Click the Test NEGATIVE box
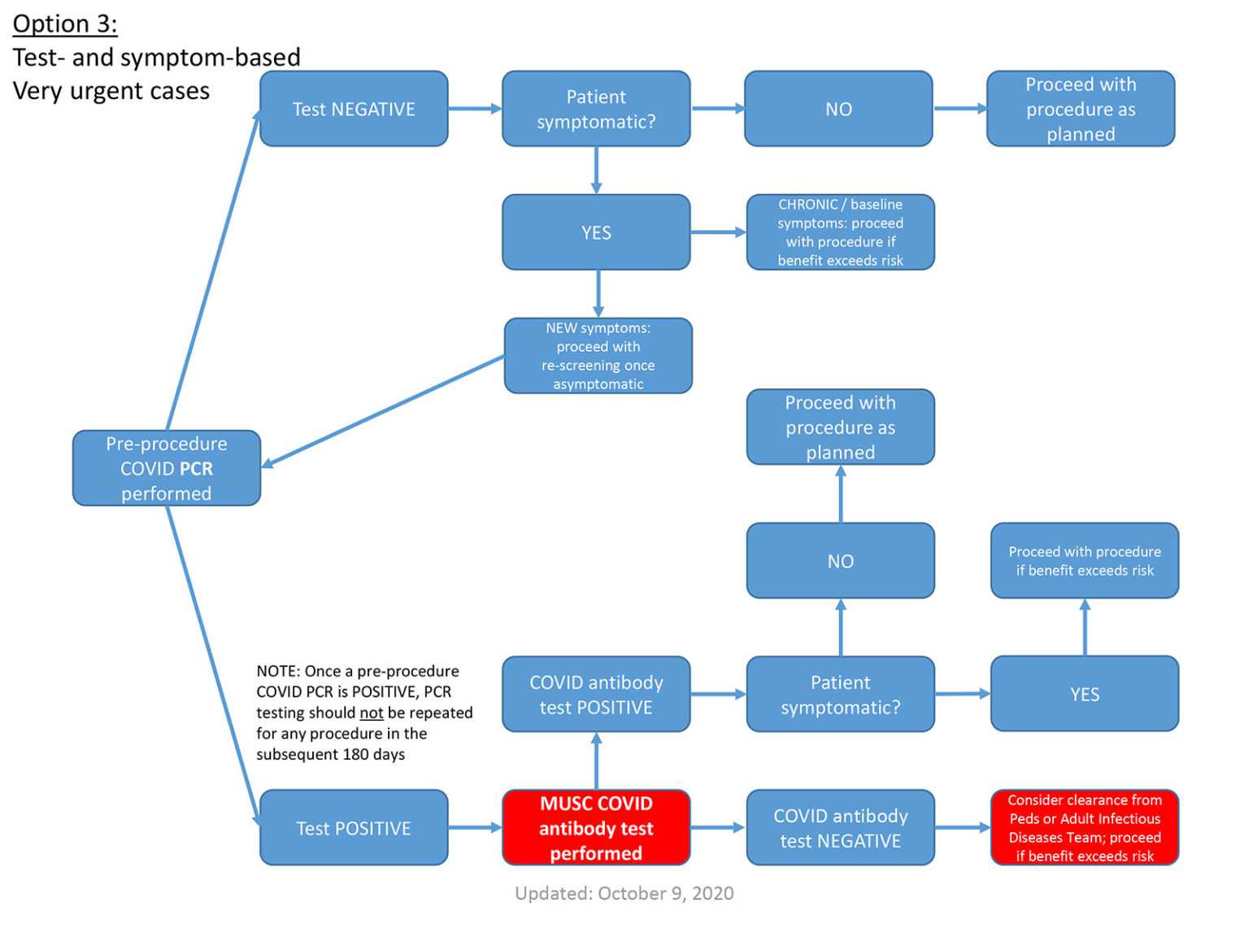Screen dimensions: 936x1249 pyautogui.click(x=353, y=109)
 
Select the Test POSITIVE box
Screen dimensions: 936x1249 pyautogui.click(x=353, y=828)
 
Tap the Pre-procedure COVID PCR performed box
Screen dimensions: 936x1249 pyautogui.click(x=166, y=469)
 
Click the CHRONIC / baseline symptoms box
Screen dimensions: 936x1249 pyautogui.click(x=840, y=232)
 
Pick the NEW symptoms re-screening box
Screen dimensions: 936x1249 pyautogui.click(x=598, y=356)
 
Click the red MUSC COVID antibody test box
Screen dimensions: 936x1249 pyautogui.click(x=596, y=828)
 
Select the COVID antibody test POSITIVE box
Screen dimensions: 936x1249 pyautogui.click(x=596, y=695)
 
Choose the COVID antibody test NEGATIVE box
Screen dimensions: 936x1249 pyautogui.click(x=840, y=828)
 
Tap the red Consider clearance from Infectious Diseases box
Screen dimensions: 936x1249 pyautogui.click(x=1084, y=828)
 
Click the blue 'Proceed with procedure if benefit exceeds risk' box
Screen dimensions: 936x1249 pyautogui.click(x=1084, y=561)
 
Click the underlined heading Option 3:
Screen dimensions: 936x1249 pyautogui.click(x=65, y=24)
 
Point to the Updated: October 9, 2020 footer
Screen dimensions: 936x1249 pyautogui.click(x=624, y=894)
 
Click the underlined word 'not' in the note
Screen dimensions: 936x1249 pyautogui.click(x=371, y=713)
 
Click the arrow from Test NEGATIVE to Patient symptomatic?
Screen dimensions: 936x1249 pyautogui.click(x=474, y=109)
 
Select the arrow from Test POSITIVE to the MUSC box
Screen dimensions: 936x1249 pyautogui.click(x=474, y=828)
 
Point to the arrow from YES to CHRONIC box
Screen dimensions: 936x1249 pyautogui.click(x=717, y=232)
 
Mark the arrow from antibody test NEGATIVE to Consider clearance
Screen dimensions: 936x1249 pyautogui.click(x=962, y=828)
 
